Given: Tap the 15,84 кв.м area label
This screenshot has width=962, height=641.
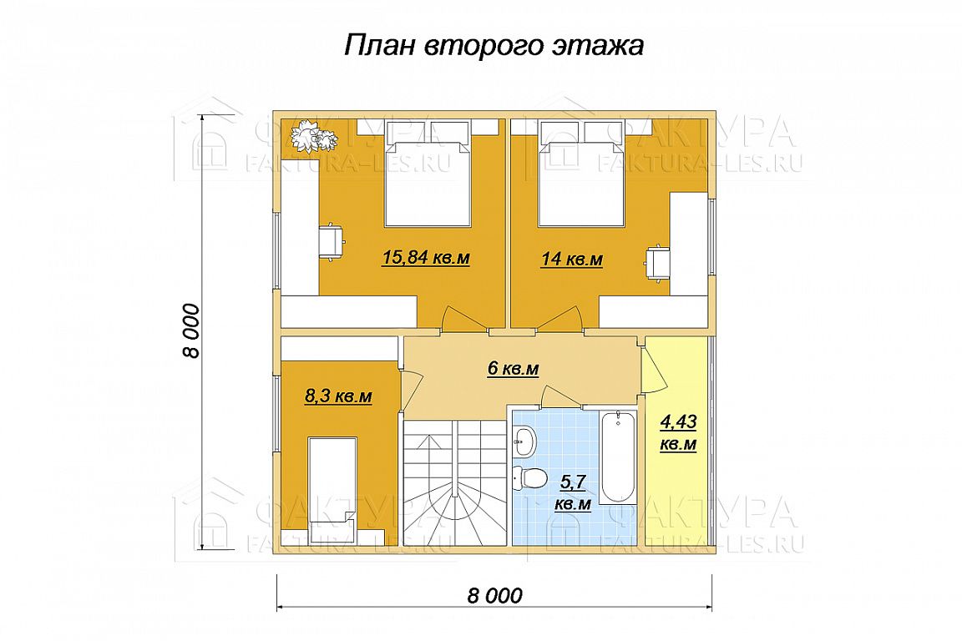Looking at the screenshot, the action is (426, 258).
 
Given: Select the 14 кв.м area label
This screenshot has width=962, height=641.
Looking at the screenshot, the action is (571, 260).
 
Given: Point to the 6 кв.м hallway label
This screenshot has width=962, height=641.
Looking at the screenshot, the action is (513, 369).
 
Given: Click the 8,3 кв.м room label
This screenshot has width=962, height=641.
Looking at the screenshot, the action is (338, 396).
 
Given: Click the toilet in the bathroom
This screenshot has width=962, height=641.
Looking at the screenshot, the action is (529, 477).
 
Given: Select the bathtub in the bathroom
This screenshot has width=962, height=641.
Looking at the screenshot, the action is (618, 458).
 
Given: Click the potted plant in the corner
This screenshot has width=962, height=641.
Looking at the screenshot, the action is (313, 136).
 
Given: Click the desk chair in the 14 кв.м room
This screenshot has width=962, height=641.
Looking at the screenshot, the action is (656, 264).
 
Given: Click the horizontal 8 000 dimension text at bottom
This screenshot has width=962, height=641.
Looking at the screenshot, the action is (495, 595).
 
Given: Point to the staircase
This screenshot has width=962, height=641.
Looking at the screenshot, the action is (454, 482).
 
